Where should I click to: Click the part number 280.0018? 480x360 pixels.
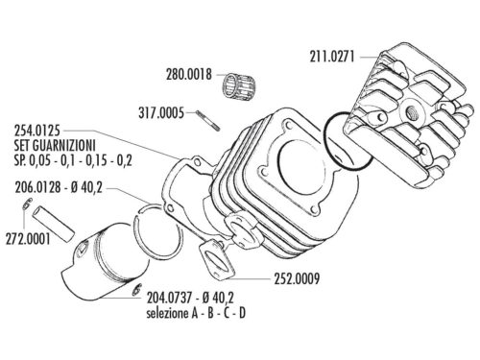coord(193,72)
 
